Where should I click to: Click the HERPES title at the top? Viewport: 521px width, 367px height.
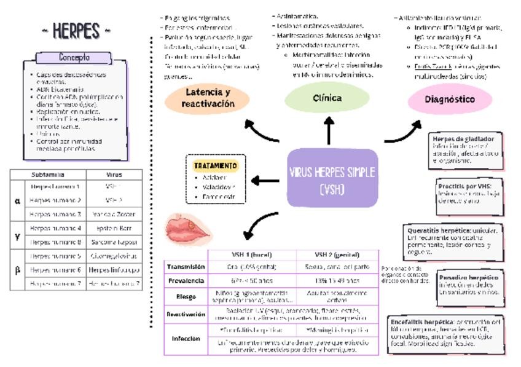(76, 30)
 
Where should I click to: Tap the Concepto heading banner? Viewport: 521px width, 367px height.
(74, 58)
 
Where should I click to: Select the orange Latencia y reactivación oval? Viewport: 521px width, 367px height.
(208, 98)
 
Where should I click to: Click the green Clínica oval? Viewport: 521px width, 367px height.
(327, 98)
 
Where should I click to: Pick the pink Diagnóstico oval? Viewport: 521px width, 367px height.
(450, 99)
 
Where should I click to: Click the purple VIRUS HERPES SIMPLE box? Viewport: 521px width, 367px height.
(332, 178)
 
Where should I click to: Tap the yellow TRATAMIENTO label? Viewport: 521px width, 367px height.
(214, 166)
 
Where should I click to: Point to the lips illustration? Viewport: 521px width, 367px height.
(188, 231)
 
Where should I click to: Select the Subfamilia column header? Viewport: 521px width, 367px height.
(48, 175)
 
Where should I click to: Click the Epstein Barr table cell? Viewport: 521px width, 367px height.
(114, 228)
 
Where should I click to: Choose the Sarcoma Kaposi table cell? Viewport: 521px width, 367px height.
(114, 242)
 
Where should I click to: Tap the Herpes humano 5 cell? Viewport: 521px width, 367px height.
(55, 256)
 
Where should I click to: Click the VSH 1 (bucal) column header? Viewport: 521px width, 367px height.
(252, 255)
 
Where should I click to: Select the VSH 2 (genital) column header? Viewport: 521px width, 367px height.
(337, 255)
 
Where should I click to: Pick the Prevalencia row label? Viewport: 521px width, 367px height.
(186, 281)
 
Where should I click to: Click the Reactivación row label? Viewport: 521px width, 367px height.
(186, 314)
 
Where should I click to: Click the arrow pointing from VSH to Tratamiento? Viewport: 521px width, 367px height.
(265, 181)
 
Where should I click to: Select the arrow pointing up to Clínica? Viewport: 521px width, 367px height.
(329, 129)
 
